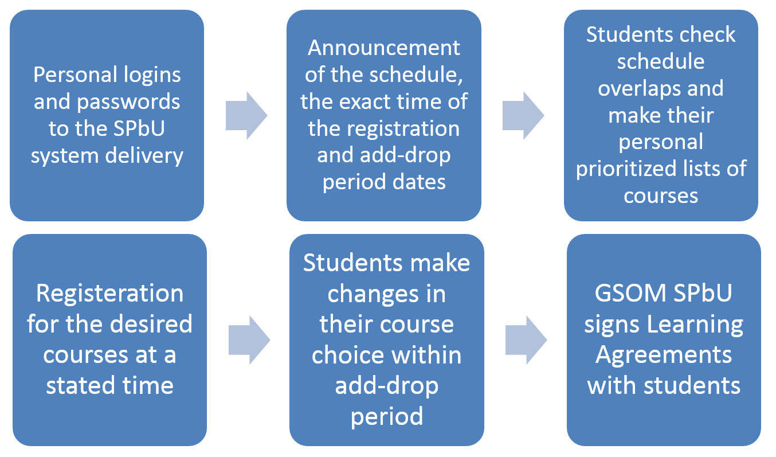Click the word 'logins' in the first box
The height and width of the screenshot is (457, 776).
click(x=152, y=76)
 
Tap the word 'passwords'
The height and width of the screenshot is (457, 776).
click(x=128, y=102)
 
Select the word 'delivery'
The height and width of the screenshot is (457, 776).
click(x=144, y=155)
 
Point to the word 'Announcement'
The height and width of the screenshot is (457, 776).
click(x=384, y=48)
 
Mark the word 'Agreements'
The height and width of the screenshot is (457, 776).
click(x=664, y=356)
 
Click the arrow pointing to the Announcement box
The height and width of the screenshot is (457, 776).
click(x=246, y=116)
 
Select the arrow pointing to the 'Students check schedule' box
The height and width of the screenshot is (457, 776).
click(x=523, y=116)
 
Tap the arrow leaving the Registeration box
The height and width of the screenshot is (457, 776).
click(x=249, y=340)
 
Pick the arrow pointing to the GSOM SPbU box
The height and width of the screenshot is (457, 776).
click(x=526, y=340)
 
